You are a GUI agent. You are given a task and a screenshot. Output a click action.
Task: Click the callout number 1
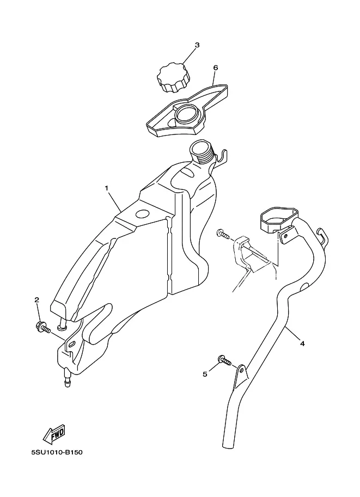(x=107, y=188)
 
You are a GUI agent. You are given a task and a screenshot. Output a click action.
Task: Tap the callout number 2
(x=37, y=300)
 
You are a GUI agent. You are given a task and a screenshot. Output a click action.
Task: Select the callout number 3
(x=197, y=45)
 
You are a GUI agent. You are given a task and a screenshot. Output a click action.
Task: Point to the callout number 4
(x=302, y=343)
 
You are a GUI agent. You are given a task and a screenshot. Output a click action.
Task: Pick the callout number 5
(x=205, y=375)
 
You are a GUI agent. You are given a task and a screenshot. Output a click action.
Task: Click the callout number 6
(x=216, y=68)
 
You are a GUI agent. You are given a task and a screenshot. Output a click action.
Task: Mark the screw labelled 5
(x=225, y=360)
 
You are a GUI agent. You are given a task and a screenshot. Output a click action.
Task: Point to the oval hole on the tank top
(x=142, y=213)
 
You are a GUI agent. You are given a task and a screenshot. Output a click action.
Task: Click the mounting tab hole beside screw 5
(x=242, y=370)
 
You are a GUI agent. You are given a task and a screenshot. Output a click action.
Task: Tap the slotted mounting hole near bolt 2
(x=72, y=343)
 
